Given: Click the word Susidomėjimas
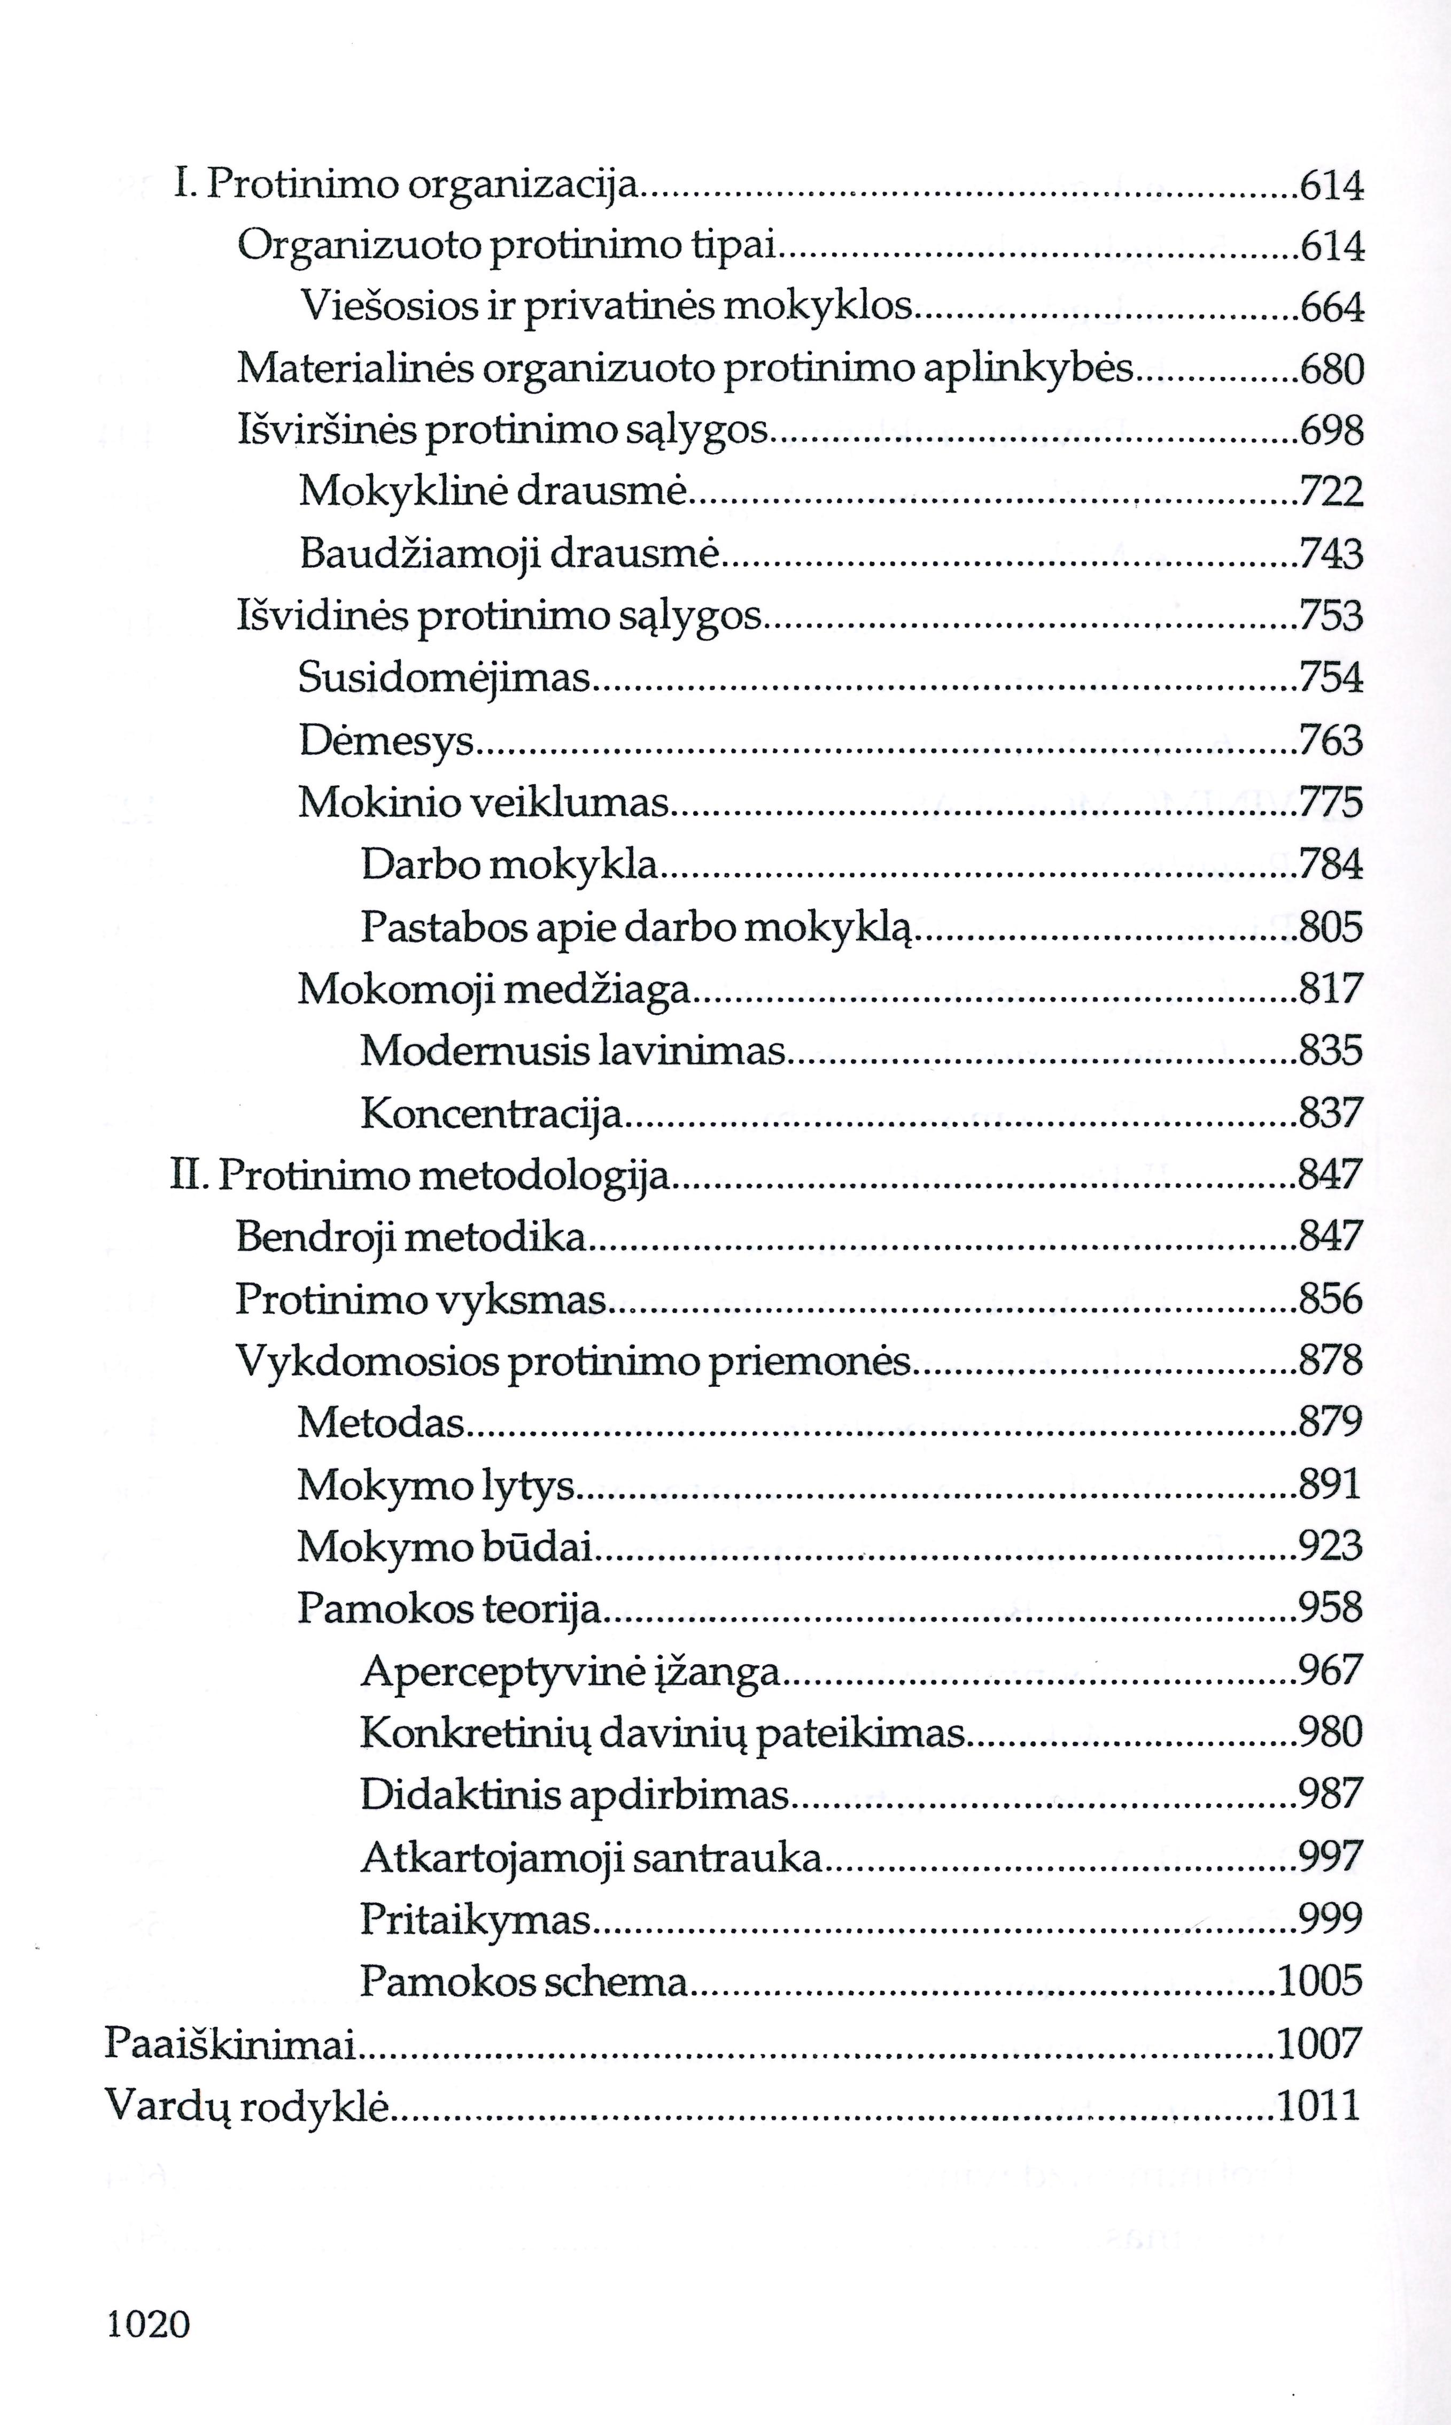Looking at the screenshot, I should click(x=445, y=677).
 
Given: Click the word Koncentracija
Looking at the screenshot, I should click(x=491, y=1113).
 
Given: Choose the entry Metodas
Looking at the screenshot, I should click(x=382, y=1421).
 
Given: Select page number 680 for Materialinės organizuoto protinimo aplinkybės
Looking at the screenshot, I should click(x=1331, y=369).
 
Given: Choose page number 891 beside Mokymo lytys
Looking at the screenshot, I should click(x=1330, y=1484).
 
